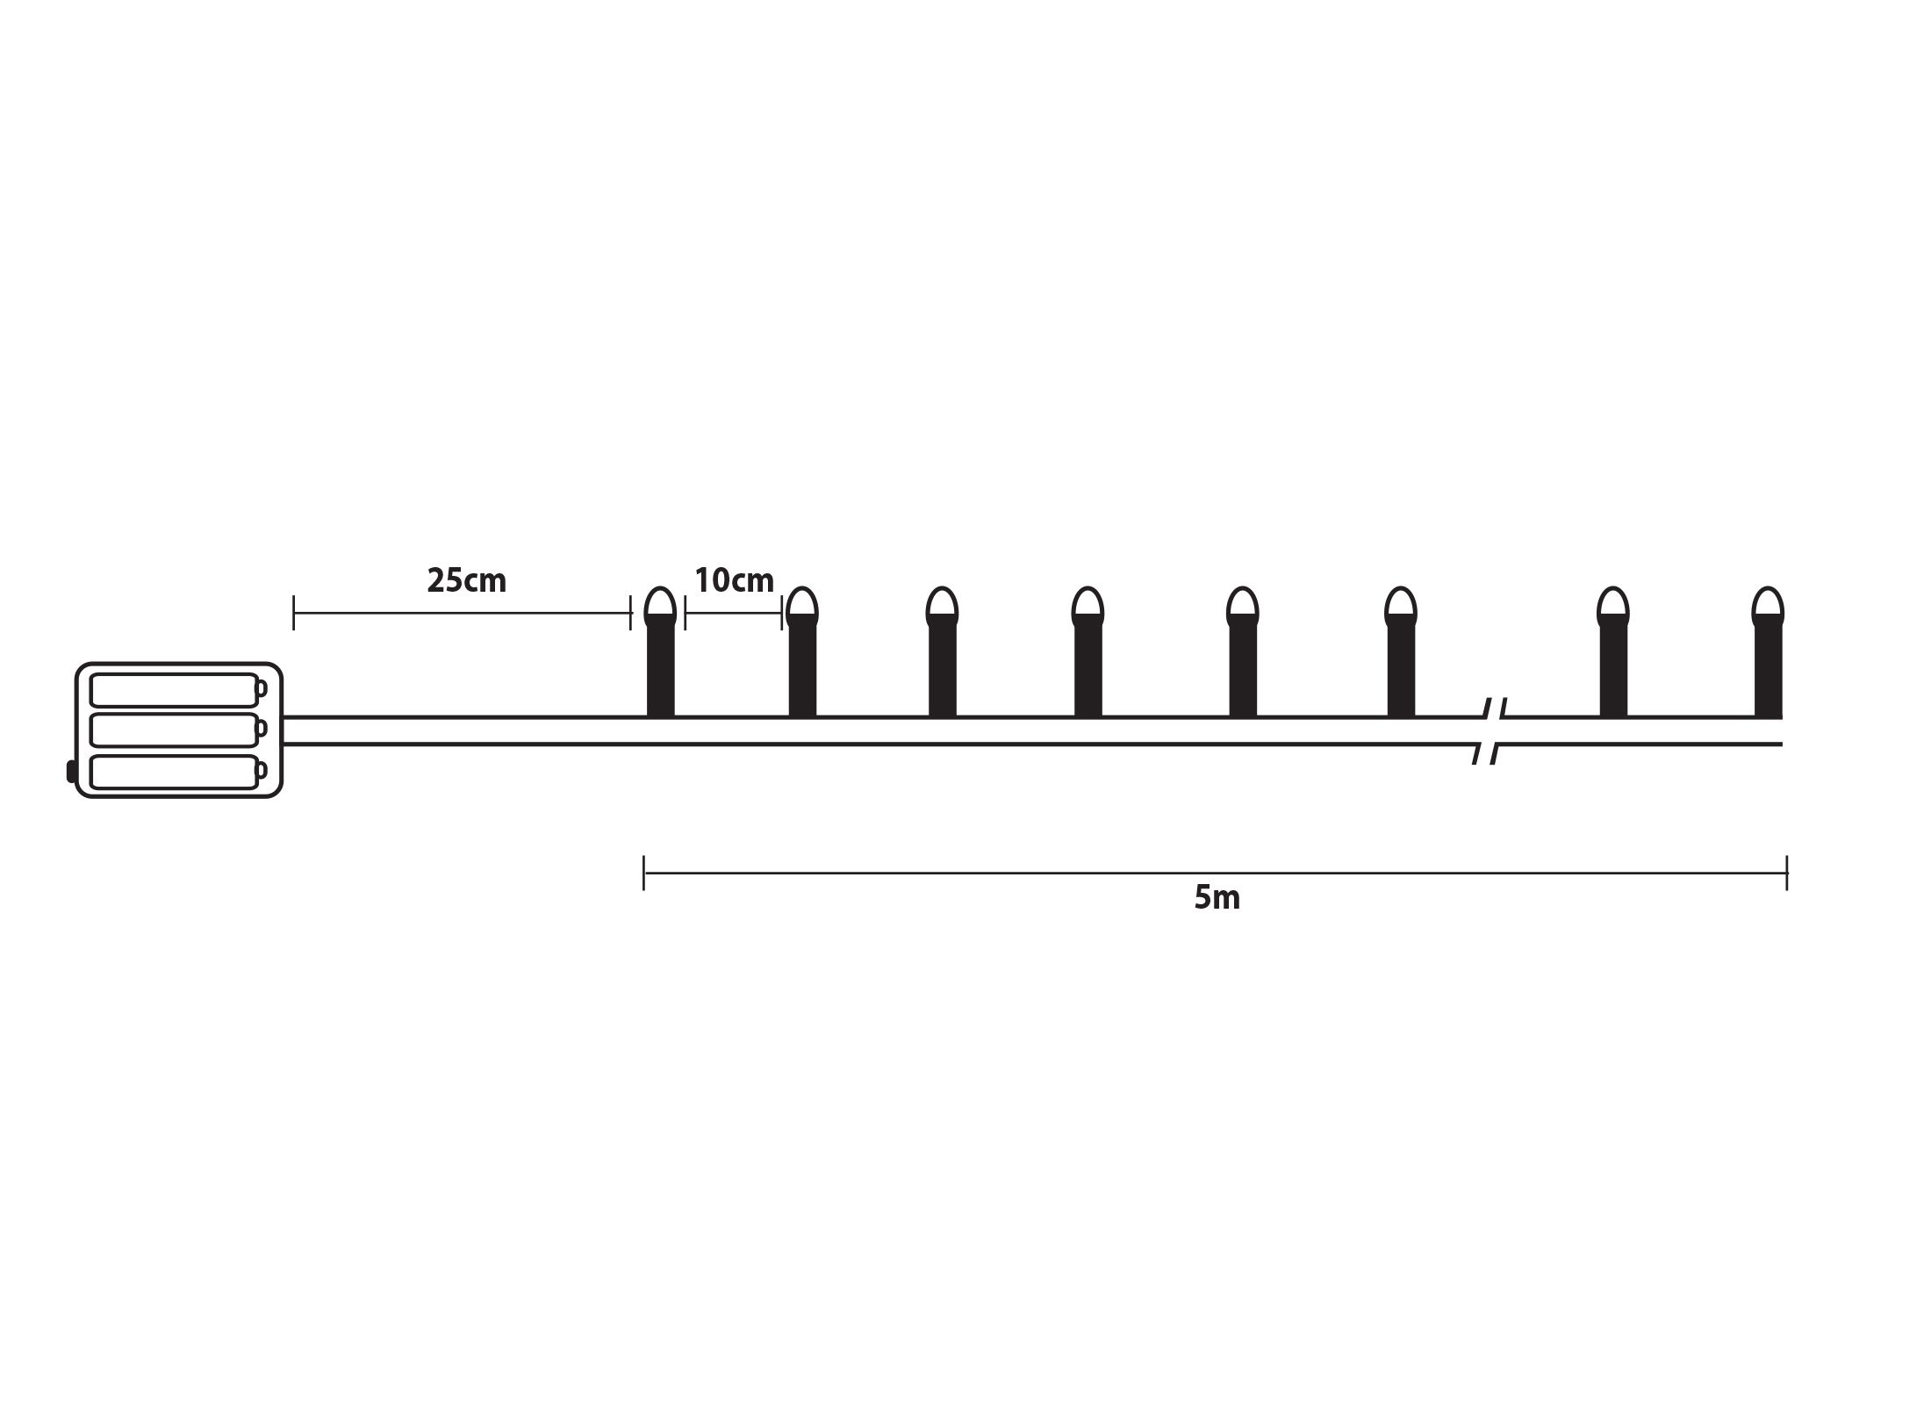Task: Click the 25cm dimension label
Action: (x=466, y=581)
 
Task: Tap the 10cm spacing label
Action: (x=734, y=580)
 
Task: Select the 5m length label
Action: (x=1217, y=898)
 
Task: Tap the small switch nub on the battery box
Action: (x=71, y=773)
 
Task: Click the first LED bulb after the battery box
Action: (x=660, y=652)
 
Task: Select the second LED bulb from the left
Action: (x=801, y=652)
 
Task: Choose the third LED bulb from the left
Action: (x=942, y=652)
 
